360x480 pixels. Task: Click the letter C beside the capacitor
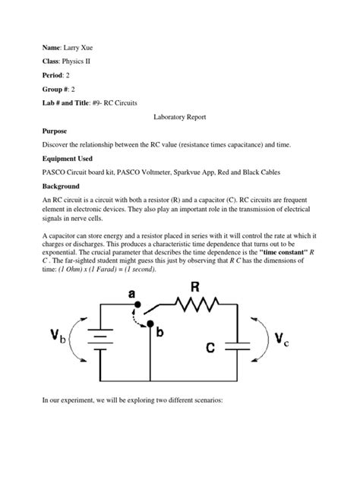coord(216,346)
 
